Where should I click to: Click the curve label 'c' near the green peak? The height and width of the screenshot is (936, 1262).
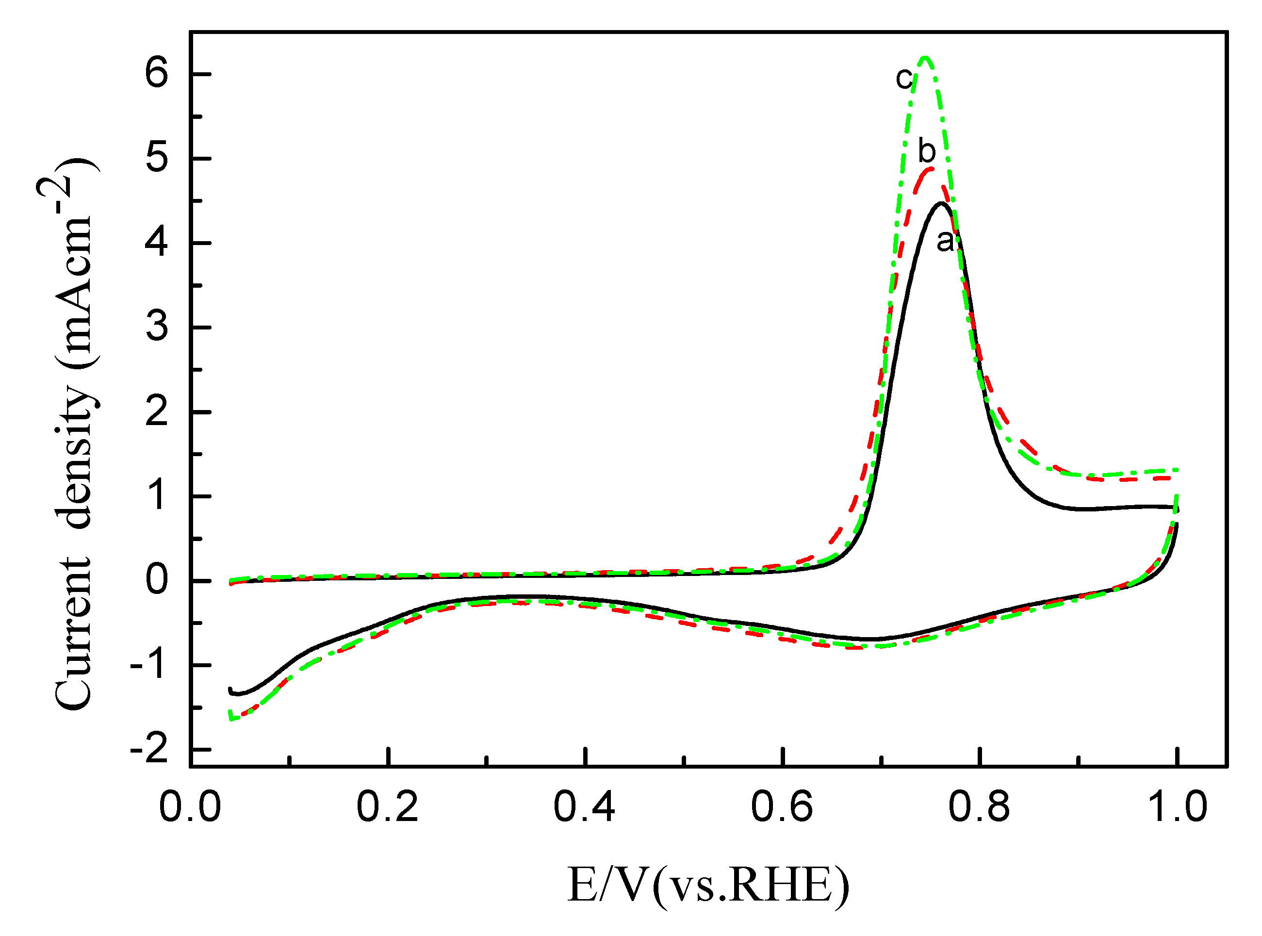click(904, 78)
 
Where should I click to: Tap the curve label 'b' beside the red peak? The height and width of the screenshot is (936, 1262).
click(927, 151)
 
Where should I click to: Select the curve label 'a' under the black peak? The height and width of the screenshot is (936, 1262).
click(945, 241)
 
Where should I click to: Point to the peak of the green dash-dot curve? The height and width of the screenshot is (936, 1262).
click(926, 57)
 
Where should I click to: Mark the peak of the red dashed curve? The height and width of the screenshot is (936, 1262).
click(930, 168)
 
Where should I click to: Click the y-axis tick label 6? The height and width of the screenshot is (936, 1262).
click(157, 74)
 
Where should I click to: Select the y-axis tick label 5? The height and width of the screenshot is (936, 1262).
click(157, 158)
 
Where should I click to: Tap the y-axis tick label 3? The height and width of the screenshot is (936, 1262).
click(157, 327)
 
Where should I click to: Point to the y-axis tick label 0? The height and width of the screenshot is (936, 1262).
click(157, 580)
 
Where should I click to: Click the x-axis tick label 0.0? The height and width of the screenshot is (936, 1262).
click(190, 807)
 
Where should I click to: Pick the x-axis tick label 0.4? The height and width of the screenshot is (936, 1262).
click(584, 807)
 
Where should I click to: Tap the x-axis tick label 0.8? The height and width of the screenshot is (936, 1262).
click(979, 807)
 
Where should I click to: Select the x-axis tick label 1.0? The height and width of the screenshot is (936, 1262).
click(1177, 807)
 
